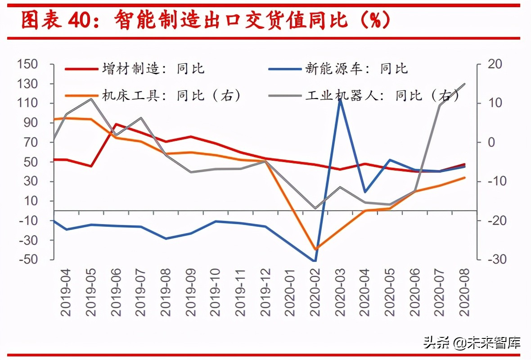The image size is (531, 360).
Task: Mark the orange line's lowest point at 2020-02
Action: [315, 249]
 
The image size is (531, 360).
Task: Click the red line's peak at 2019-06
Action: [116, 125]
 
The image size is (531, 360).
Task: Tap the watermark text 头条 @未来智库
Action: [472, 343]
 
